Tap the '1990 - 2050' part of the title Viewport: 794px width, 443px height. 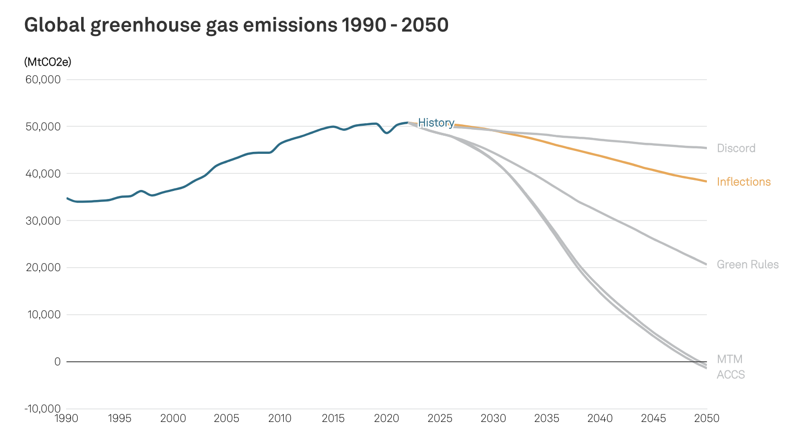coord(395,25)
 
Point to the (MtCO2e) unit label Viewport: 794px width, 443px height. coord(48,62)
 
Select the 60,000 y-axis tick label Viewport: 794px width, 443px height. coord(43,80)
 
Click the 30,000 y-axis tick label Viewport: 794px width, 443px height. coord(43,220)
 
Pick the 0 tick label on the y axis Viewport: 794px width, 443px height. coord(58,361)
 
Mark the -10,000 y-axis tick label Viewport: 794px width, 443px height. coord(42,408)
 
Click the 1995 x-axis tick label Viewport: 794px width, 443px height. coord(120,418)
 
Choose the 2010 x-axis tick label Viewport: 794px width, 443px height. coord(280,418)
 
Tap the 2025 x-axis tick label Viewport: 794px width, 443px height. coord(440,418)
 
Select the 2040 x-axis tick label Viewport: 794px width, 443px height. coord(600,418)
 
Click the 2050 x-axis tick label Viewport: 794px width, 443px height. coord(706,418)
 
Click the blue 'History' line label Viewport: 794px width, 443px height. coord(436,123)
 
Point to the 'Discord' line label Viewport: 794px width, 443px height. coord(736,148)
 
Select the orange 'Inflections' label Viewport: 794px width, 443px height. coord(743,182)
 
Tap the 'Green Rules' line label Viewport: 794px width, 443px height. coord(747,265)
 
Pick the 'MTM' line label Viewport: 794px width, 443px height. coord(729,359)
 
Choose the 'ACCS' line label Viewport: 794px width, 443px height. coord(730,375)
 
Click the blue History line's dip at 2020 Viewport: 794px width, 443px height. coord(386,133)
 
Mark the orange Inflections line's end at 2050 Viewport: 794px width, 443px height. coord(706,181)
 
